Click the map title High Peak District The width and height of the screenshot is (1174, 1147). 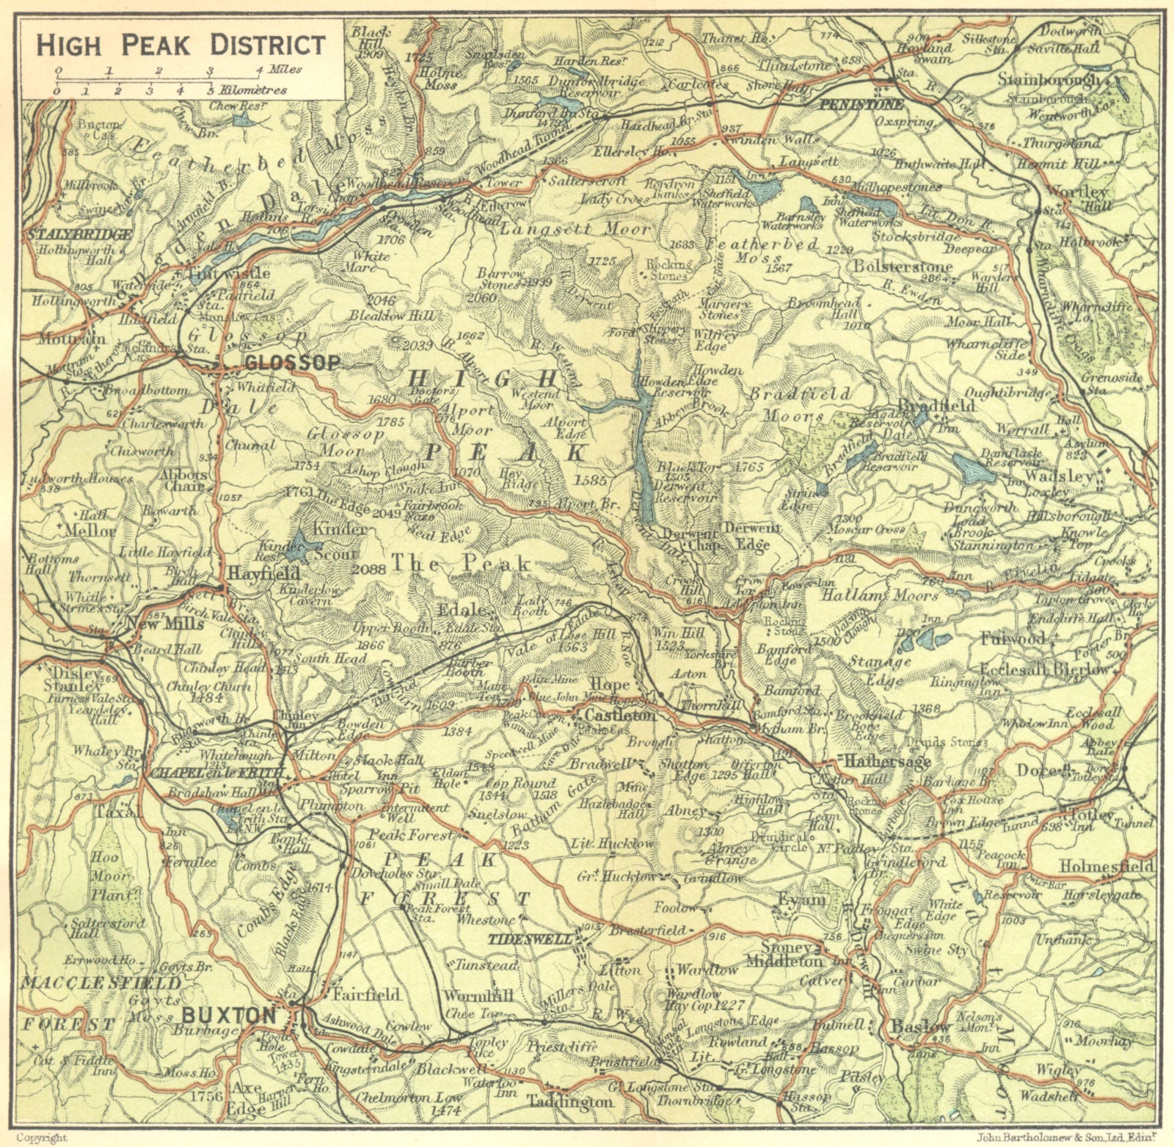181,45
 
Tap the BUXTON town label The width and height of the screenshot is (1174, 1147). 228,1015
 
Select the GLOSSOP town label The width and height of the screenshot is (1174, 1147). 293,363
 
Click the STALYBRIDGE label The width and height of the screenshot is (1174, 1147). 79,235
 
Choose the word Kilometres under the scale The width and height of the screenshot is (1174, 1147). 253,90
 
